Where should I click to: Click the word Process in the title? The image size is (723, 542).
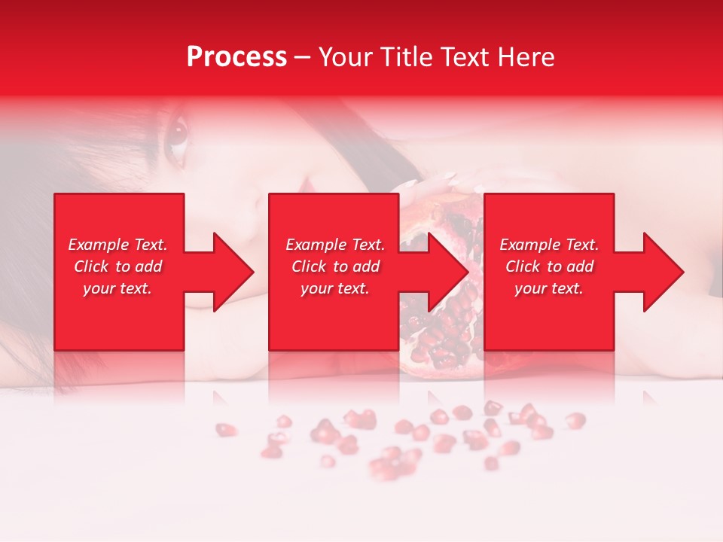click(x=236, y=57)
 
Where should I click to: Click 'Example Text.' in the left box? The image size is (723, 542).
click(x=118, y=245)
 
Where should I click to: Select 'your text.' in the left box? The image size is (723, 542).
click(x=118, y=288)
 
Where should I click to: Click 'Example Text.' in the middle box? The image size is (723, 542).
click(x=335, y=245)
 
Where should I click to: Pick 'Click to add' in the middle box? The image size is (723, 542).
click(x=335, y=266)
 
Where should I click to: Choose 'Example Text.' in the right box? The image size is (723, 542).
click(x=549, y=245)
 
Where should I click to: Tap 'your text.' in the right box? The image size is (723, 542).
click(x=549, y=288)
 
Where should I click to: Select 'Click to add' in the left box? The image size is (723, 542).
click(x=118, y=266)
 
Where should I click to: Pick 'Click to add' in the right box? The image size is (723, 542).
click(x=549, y=266)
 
